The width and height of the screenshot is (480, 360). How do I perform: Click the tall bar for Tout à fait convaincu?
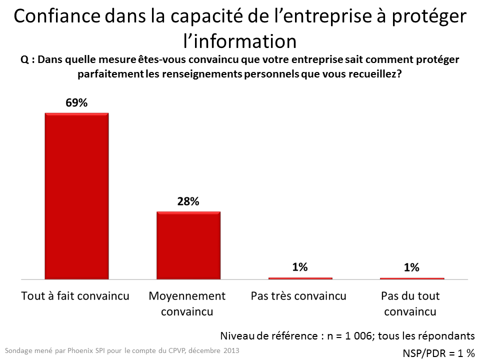[x=76, y=195]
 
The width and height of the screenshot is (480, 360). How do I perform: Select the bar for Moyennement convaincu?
[x=188, y=245]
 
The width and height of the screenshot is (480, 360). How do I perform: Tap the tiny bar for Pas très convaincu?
[x=300, y=278]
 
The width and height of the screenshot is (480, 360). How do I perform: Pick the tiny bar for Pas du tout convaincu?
[x=411, y=278]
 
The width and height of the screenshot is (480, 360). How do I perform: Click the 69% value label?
[x=76, y=103]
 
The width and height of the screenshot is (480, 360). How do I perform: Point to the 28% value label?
[x=188, y=201]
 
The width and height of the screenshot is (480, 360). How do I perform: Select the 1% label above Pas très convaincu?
[x=300, y=267]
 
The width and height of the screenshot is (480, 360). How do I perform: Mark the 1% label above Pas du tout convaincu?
[x=411, y=267]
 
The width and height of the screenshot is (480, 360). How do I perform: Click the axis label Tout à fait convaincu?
[x=75, y=295]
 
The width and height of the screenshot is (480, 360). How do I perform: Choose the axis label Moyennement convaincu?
[x=187, y=303]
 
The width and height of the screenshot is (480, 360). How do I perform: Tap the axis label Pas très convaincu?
[x=298, y=295]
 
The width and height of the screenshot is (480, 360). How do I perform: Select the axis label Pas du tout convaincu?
[x=410, y=303]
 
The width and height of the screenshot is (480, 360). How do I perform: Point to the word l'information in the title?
[x=239, y=39]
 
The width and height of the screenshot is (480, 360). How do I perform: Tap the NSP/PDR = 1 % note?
[x=438, y=353]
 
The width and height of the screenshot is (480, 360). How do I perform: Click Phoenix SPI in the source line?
[x=78, y=350]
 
